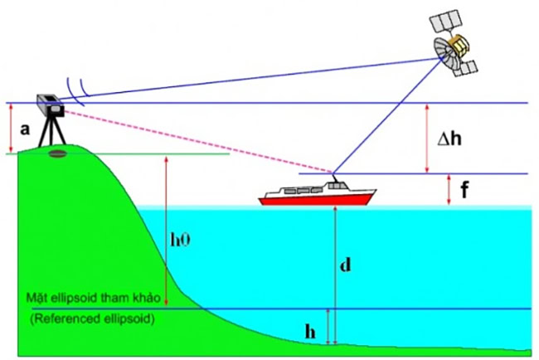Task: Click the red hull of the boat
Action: [316, 198]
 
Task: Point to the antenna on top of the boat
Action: [334, 178]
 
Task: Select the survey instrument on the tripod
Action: [51, 105]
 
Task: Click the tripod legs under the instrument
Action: [52, 131]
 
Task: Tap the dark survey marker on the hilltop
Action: [58, 153]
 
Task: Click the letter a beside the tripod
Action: [25, 129]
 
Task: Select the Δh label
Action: [449, 139]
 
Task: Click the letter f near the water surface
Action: [464, 189]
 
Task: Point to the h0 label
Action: [181, 240]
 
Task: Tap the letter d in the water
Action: [346, 265]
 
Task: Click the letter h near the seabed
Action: [310, 332]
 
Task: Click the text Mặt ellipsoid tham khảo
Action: [94, 298]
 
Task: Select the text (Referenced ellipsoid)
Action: [92, 319]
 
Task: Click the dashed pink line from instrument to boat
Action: [197, 141]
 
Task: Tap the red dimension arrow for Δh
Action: [427, 139]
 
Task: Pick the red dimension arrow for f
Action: [449, 190]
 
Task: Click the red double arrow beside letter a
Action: [11, 129]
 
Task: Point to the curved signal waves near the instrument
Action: [77, 90]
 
